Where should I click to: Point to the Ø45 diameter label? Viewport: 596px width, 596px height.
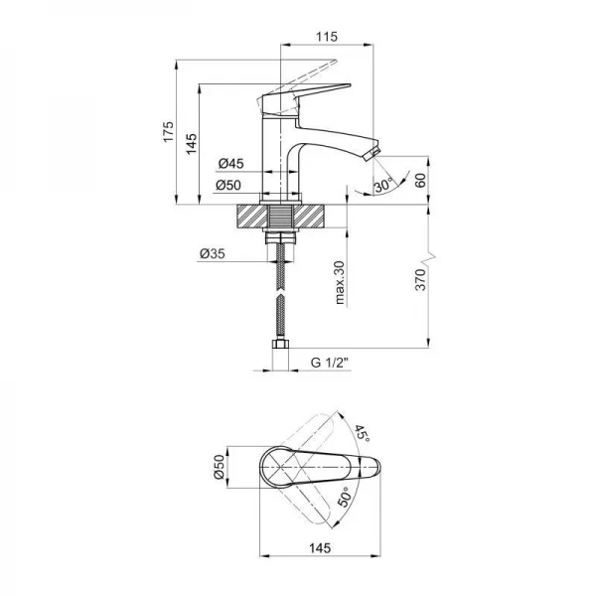230,163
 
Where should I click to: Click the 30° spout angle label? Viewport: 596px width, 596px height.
383,185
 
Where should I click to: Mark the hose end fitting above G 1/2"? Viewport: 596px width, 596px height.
280,344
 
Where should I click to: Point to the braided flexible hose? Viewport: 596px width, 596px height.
280,293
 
